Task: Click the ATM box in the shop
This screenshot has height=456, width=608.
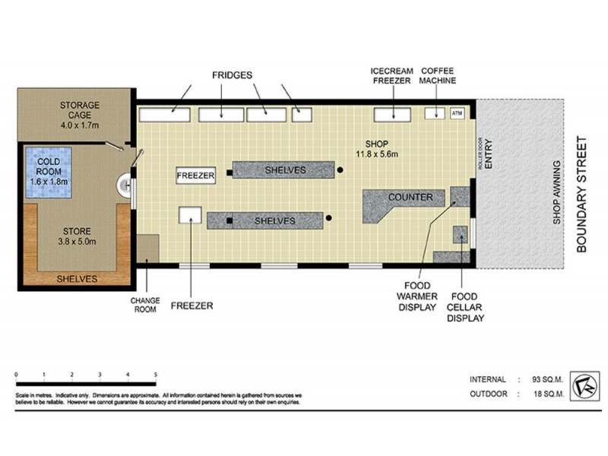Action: tap(457, 114)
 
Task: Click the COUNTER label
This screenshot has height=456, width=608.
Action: tap(410, 198)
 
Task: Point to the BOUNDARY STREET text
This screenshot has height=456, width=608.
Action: tap(584, 194)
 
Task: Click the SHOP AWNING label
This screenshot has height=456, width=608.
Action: tap(556, 193)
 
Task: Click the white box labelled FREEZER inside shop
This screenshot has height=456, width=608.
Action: tap(195, 175)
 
